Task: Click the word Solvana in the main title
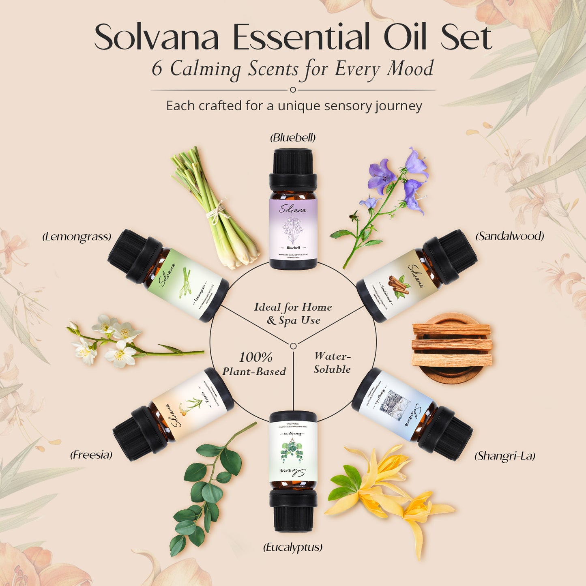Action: pos(157,37)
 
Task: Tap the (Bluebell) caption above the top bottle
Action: pos(293,138)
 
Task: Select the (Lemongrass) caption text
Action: pos(77,237)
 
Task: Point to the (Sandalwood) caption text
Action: pos(509,236)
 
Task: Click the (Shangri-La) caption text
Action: pos(504,456)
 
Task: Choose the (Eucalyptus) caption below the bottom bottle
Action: pos(293,547)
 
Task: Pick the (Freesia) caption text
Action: pos(91,455)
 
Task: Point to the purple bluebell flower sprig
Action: pos(385,195)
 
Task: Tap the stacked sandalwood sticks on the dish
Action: pos(452,345)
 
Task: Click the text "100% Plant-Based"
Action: pos(254,364)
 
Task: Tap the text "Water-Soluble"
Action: pos(332,363)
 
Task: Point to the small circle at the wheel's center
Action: pos(293,346)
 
